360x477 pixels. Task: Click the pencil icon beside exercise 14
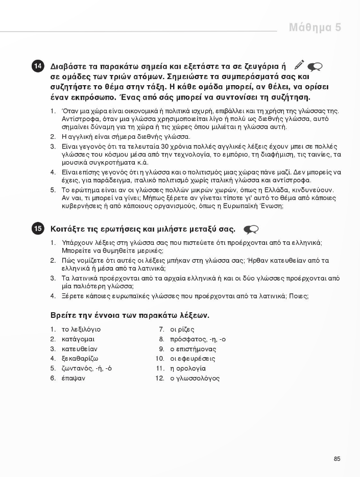coord(299,66)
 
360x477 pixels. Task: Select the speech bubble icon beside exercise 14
coord(316,66)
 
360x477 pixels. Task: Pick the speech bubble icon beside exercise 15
coord(251,229)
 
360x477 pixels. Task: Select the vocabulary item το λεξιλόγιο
coord(81,329)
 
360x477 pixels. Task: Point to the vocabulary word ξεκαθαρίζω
coord(80,359)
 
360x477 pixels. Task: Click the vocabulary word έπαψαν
coord(73,379)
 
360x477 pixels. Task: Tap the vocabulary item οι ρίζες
coord(182,329)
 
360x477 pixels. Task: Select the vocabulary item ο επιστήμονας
coord(193,349)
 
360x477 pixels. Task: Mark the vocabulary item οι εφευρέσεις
coord(193,359)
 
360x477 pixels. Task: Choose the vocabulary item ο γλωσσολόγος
coord(195,379)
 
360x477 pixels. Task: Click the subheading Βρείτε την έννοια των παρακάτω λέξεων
coord(130,315)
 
